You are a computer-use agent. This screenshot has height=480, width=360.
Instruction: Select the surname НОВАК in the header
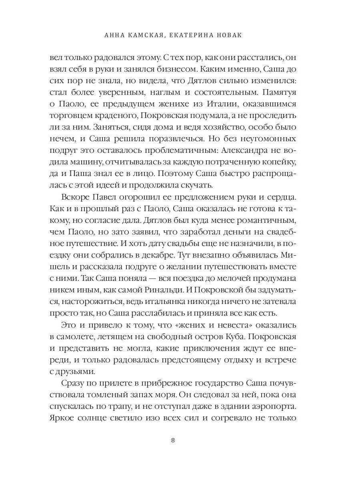point(229,36)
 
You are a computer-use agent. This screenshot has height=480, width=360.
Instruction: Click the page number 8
point(173,440)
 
